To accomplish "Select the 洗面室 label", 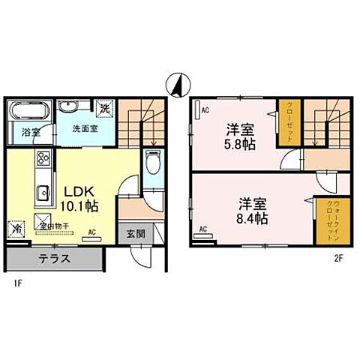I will (x=84, y=128).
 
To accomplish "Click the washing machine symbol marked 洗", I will (x=106, y=107).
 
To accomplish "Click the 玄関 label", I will (x=135, y=234).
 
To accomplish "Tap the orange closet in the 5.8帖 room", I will (x=286, y=122).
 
